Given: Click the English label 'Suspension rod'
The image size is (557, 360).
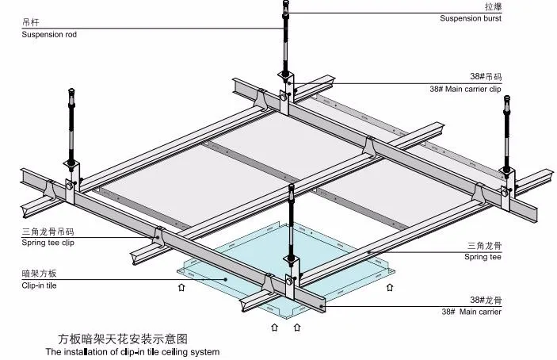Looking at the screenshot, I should [50, 35].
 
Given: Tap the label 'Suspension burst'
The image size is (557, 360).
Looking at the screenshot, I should [471, 17].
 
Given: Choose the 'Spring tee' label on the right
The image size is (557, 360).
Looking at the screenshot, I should [483, 257].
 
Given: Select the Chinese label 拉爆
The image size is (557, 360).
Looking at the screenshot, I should [492, 6].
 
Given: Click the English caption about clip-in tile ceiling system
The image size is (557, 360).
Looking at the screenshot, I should [132, 351].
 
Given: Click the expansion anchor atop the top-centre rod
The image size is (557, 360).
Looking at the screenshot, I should [284, 10].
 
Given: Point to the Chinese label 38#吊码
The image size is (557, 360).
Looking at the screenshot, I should [486, 77].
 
